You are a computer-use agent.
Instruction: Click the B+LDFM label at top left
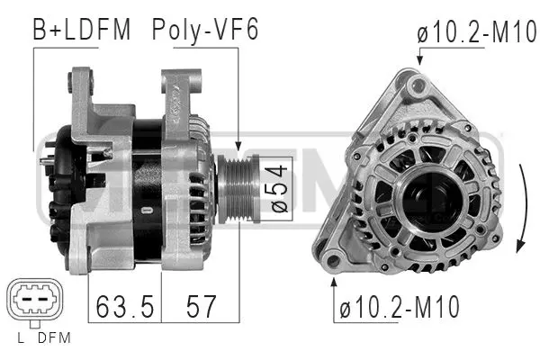pyautogui.click(x=82, y=29)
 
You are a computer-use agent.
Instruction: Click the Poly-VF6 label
pyautogui.click(x=204, y=29)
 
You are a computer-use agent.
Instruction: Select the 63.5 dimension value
pyautogui.click(x=123, y=306)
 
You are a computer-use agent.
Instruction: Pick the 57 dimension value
pyautogui.click(x=200, y=306)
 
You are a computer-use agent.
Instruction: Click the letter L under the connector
pyautogui.click(x=20, y=339)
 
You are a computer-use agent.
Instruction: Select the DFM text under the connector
pyautogui.click(x=55, y=339)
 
